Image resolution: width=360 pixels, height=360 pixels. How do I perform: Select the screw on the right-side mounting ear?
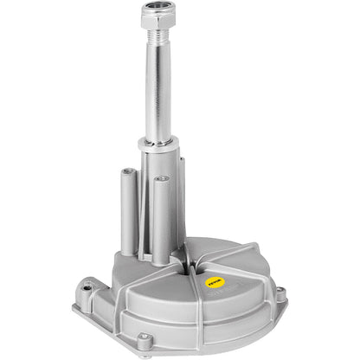(x=280, y=295)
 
